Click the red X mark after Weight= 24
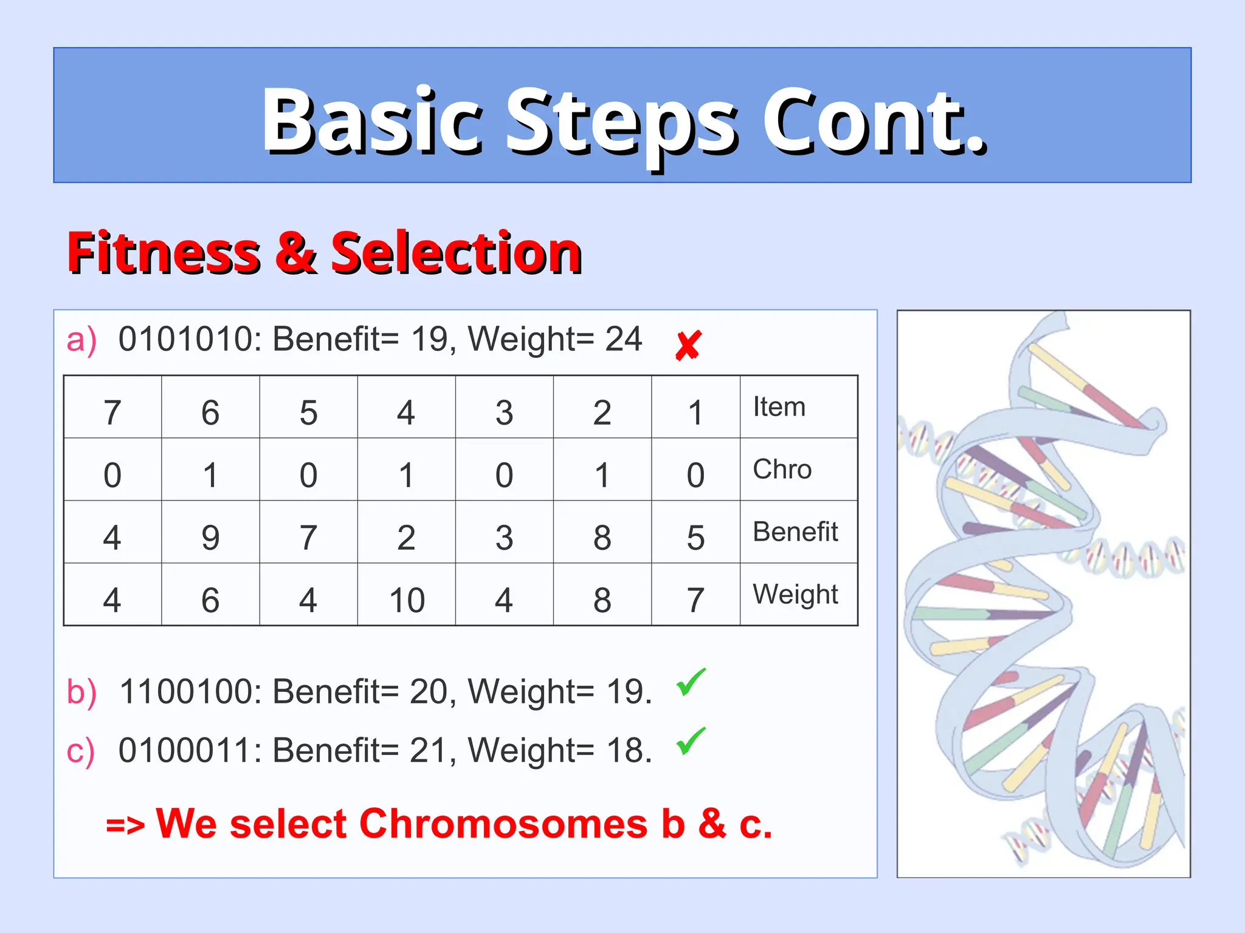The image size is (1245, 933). (x=688, y=345)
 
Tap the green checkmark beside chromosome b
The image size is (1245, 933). (x=691, y=682)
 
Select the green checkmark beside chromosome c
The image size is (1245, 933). (x=691, y=741)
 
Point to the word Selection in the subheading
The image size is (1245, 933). (x=456, y=252)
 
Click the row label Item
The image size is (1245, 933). (x=779, y=407)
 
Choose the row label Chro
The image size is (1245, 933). (x=782, y=470)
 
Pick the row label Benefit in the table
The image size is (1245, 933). (x=795, y=532)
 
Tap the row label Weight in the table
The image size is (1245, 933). (x=795, y=595)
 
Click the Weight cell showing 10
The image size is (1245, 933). (x=407, y=600)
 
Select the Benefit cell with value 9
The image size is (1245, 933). (x=210, y=538)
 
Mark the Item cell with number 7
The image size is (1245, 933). (x=112, y=413)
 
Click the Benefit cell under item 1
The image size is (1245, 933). (x=695, y=538)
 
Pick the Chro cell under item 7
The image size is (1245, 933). (x=112, y=475)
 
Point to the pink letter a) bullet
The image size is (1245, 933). (x=81, y=340)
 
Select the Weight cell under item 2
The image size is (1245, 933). (x=602, y=600)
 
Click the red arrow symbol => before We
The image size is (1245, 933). (x=125, y=825)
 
